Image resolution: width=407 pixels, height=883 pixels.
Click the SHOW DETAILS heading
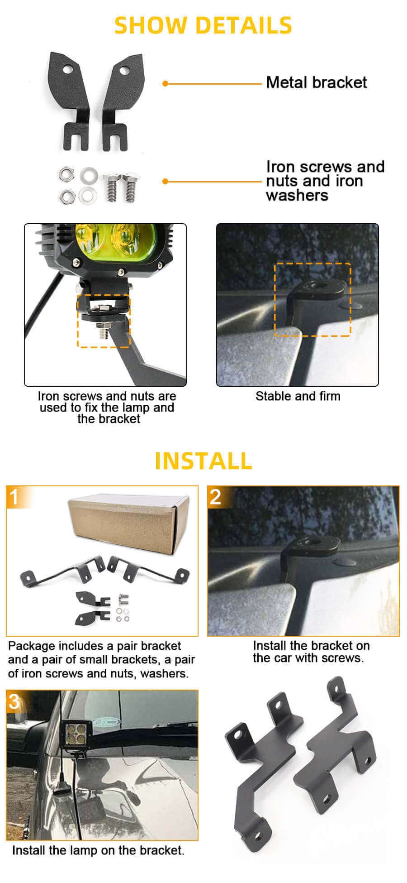pyautogui.click(x=203, y=25)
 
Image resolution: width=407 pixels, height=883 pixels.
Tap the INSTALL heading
pyautogui.click(x=203, y=461)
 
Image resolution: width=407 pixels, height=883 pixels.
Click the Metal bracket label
pyautogui.click(x=316, y=82)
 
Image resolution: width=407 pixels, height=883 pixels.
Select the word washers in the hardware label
pyautogui.click(x=297, y=196)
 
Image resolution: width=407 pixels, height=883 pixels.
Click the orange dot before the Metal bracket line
pyautogui.click(x=165, y=83)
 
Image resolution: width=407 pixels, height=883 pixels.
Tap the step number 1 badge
pyautogui.click(x=14, y=497)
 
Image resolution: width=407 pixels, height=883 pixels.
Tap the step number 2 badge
pyautogui.click(x=216, y=497)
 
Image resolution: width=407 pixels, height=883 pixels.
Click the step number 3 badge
pyautogui.click(x=14, y=701)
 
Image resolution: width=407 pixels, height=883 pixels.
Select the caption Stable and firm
pyautogui.click(x=298, y=396)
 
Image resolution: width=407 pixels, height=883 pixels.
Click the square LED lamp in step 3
pyautogui.click(x=75, y=734)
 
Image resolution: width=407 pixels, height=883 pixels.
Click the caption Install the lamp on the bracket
pyautogui.click(x=98, y=850)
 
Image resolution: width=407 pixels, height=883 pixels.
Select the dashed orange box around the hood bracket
pyautogui.click(x=312, y=299)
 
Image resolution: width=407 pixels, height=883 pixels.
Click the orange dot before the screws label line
pyautogui.click(x=165, y=181)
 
